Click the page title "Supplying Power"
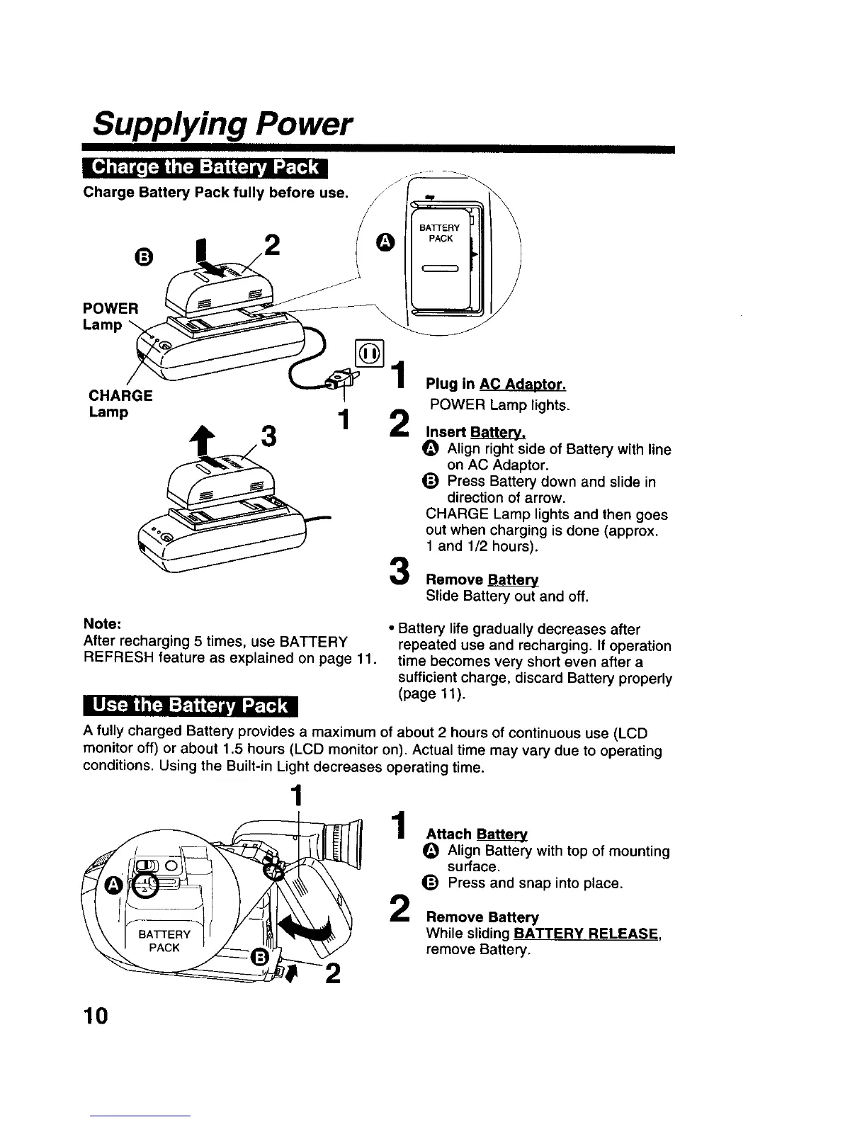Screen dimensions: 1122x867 point(222,125)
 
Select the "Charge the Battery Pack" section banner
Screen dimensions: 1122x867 point(204,168)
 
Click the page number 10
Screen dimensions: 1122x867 point(95,1016)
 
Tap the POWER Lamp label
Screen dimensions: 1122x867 point(110,317)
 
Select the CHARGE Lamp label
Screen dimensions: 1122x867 point(120,403)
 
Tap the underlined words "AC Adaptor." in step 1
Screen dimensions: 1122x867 point(522,385)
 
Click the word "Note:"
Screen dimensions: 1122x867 point(103,625)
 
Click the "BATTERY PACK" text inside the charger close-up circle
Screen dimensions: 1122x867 point(440,233)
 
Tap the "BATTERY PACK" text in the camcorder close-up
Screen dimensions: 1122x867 point(164,941)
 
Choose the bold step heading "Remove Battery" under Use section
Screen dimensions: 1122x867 point(482,917)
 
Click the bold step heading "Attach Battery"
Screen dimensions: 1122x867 point(477,835)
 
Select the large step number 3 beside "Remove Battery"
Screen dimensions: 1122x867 point(399,571)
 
